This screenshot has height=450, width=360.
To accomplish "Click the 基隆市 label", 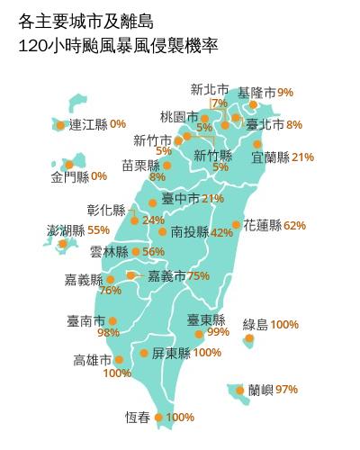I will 256,92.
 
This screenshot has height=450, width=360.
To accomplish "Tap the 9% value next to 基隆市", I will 285,92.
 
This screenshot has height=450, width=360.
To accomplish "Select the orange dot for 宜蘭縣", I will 257,144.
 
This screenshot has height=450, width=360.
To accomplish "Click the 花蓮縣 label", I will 262,225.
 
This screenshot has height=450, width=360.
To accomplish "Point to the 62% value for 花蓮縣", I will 294,225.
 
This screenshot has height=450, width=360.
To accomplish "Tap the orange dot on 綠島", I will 249,339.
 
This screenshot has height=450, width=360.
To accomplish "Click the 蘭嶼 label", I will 262,390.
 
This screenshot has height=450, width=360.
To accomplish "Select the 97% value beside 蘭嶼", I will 287,390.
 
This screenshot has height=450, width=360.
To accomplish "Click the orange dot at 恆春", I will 159,418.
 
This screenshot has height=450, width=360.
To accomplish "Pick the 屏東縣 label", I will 171,353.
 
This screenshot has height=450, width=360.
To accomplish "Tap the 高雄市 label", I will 93,360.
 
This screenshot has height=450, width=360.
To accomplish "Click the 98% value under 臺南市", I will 108,332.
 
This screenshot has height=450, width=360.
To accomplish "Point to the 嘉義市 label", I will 166,275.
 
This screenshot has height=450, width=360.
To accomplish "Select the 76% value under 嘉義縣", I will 110,290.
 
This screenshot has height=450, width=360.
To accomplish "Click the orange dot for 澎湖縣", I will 63,243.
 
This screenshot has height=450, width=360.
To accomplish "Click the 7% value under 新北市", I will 219,103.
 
